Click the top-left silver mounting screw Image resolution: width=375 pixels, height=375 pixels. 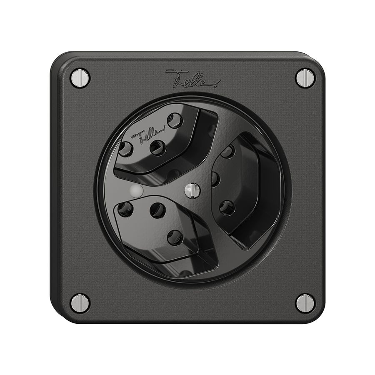(x=80, y=78)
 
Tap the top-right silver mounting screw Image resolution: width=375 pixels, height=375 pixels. (x=305, y=78)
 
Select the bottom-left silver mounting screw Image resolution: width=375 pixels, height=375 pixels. (x=80, y=303)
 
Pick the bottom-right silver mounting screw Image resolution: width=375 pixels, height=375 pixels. (x=305, y=303)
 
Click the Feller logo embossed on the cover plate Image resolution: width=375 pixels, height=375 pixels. (x=192, y=79)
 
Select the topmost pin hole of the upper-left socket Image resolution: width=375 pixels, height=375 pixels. (x=175, y=121)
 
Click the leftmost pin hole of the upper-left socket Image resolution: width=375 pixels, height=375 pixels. (x=125, y=149)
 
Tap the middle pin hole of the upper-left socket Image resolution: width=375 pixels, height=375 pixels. (x=157, y=147)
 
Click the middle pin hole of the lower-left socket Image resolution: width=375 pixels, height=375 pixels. (x=157, y=210)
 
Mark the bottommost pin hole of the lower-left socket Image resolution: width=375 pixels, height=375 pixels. (x=175, y=237)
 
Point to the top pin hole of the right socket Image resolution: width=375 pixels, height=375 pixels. (x=227, y=152)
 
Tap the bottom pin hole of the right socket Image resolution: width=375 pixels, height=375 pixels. (x=227, y=207)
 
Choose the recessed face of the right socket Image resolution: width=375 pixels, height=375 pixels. (x=242, y=183)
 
